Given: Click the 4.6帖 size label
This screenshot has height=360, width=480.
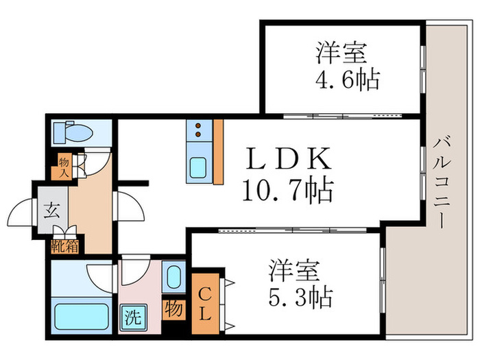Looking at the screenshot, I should point(348,81).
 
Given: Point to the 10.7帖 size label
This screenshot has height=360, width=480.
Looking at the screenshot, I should point(286,189).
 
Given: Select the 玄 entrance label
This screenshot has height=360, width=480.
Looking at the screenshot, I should point(52,210).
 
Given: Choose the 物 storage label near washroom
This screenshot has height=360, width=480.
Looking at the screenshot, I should point(173,309).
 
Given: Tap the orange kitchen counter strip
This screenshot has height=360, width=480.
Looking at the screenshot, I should point(218,152).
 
